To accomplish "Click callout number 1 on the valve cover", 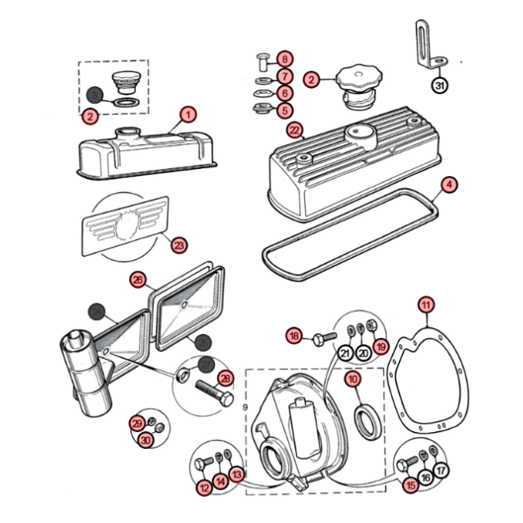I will tap(187, 114).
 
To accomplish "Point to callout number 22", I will tap(294, 129).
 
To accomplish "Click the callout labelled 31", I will tap(439, 85).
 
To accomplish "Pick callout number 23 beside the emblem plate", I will tap(179, 245).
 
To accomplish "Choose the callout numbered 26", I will tap(138, 280).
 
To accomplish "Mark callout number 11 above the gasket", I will tap(425, 304).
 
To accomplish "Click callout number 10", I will tap(353, 378).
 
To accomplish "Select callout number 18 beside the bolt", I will tap(294, 336).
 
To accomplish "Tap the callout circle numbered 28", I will tap(225, 378).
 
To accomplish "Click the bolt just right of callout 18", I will tap(321, 336).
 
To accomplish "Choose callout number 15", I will tap(411, 485).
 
